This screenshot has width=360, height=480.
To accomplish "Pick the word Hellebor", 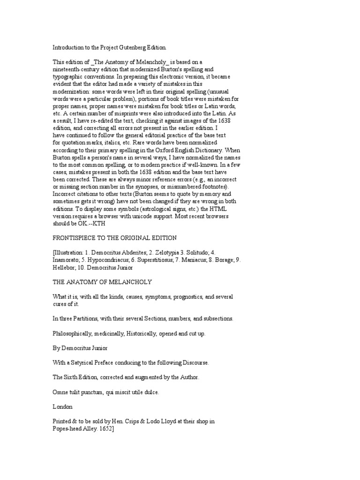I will pos(65,268).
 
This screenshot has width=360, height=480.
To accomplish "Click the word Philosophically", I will pos(74,334).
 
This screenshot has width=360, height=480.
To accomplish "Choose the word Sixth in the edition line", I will pos(74,377).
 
